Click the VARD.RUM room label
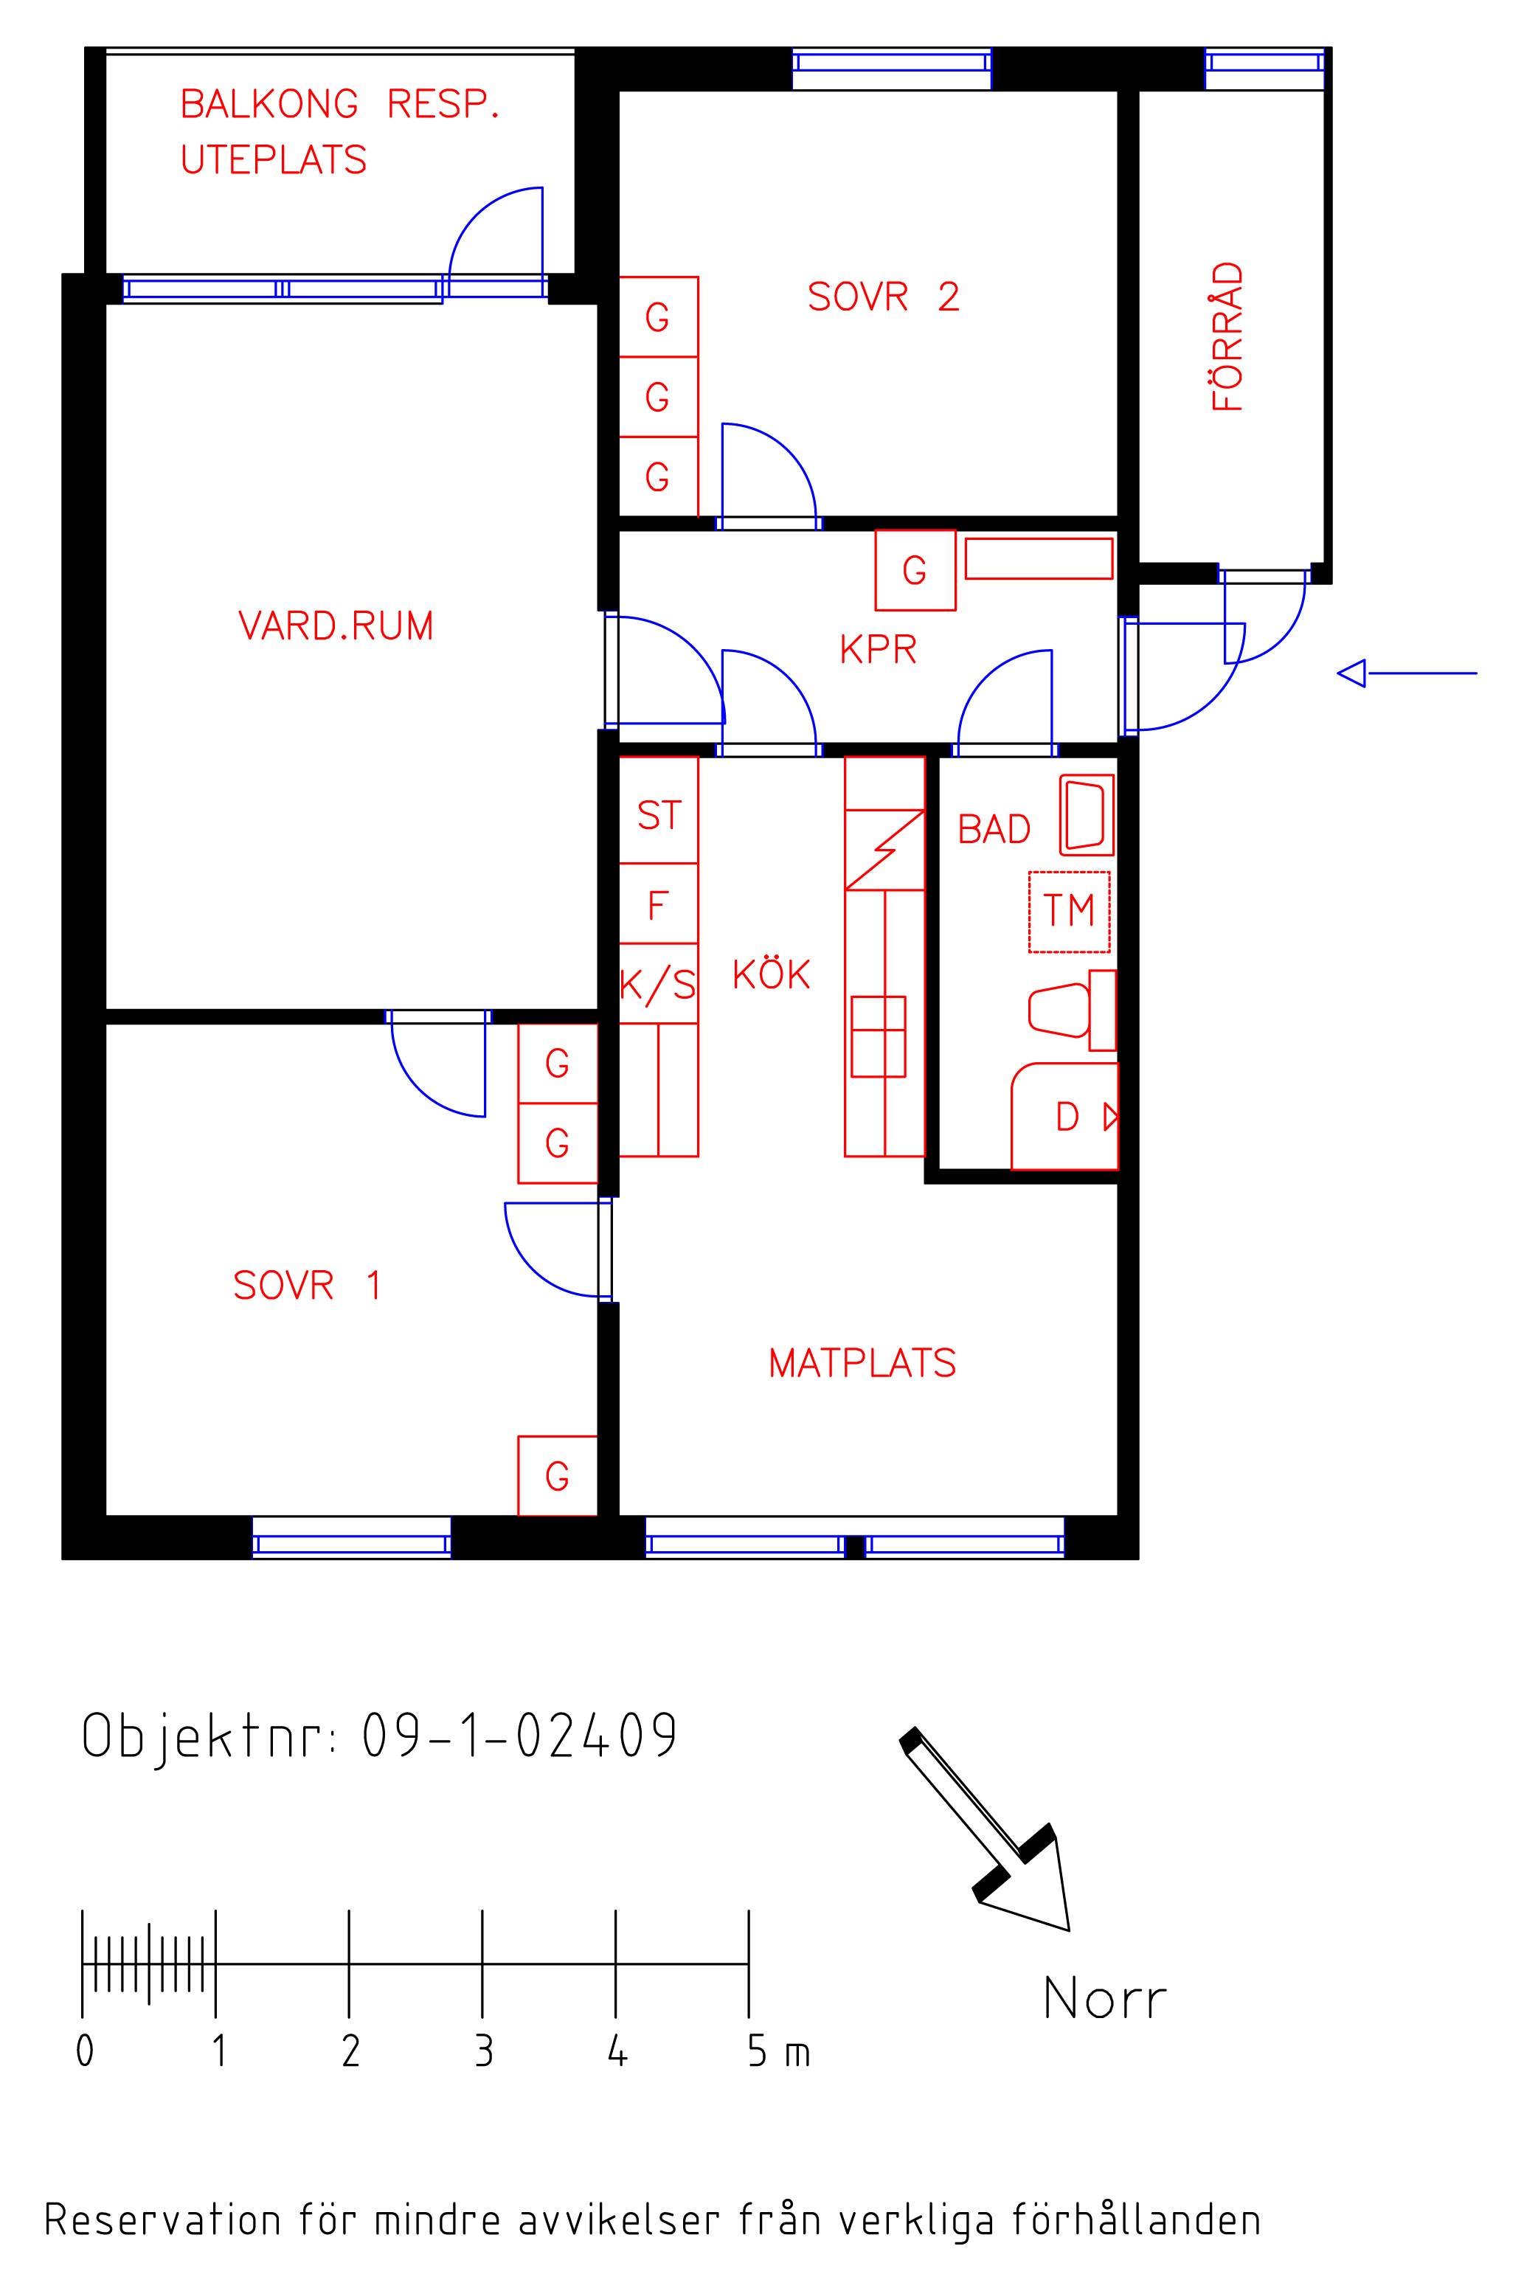tap(336, 625)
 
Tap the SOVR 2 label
tap(884, 297)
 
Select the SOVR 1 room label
tap(307, 1286)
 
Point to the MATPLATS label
tap(862, 1363)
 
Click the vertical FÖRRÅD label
tap(1227, 336)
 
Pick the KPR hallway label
tap(878, 650)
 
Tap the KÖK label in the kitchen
tap(772, 974)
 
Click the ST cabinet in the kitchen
tap(659, 811)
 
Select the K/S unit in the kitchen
tap(659, 983)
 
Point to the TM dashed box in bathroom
tap(1069, 912)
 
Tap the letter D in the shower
tap(1067, 1116)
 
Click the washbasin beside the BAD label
tap(1087, 815)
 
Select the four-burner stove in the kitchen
tap(879, 1036)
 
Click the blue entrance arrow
tap(1407, 673)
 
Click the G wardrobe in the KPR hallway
tap(915, 570)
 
